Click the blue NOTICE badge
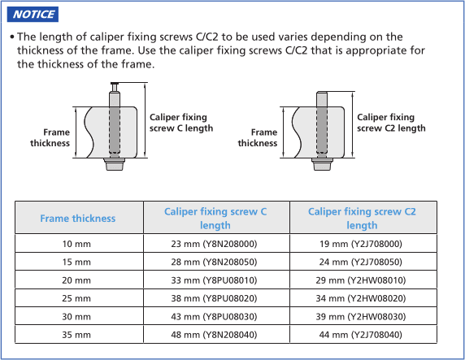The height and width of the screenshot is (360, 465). pos(33,15)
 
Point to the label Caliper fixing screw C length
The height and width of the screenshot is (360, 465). pos(181,123)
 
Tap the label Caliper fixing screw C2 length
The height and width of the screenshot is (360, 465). pos(391,123)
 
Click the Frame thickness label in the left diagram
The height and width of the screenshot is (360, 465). pos(50,137)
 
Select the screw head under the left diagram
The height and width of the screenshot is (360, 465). pos(115,164)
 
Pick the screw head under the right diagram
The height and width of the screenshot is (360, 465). pos(322,164)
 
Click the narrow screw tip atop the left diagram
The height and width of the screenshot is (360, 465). pos(115,87)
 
